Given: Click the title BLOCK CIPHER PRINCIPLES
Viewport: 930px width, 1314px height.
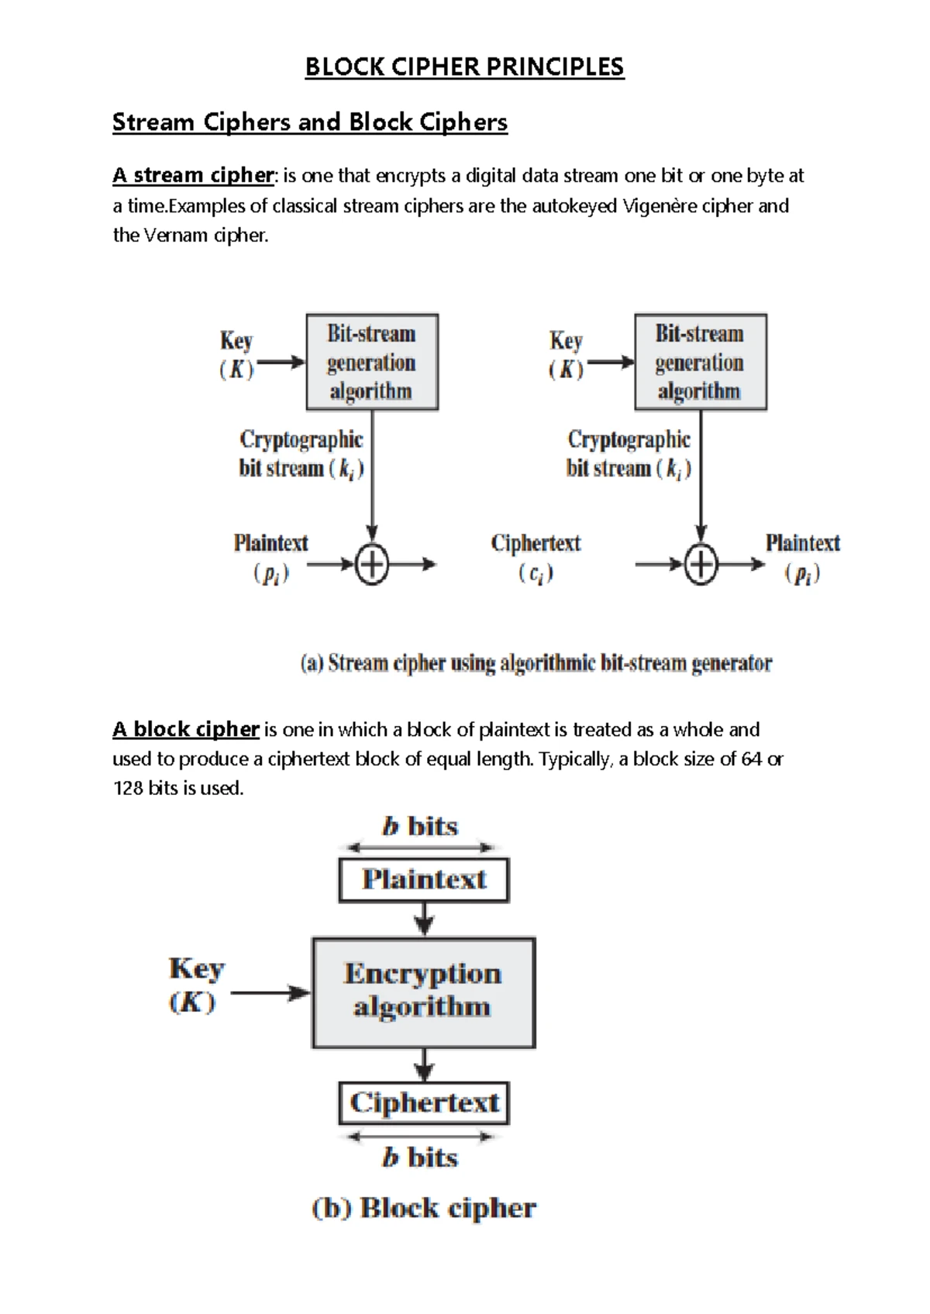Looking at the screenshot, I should [x=464, y=67].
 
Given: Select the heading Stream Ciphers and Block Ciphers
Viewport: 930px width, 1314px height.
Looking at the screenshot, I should [x=310, y=122].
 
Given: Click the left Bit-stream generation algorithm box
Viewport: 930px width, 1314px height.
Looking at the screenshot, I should [x=372, y=362].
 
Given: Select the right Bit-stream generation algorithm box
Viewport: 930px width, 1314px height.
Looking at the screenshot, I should [x=700, y=362].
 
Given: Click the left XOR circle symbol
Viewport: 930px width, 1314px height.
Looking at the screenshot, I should [x=372, y=565].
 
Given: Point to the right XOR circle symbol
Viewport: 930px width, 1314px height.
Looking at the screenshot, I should [x=701, y=565].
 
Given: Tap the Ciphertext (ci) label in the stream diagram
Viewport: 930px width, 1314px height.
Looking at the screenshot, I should [x=536, y=558].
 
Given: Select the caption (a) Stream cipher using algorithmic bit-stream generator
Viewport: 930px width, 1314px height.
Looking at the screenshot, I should [x=536, y=663].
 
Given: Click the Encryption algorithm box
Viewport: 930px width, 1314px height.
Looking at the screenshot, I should [x=423, y=992].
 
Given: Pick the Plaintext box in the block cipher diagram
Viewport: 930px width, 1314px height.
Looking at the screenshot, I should [x=424, y=879].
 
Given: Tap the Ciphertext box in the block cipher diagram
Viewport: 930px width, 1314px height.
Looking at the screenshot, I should [x=424, y=1102].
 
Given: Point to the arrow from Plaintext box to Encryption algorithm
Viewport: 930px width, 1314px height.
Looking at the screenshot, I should [x=424, y=920].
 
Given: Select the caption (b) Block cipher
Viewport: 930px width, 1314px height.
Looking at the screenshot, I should [x=424, y=1208].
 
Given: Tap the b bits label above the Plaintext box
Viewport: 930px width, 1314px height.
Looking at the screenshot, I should [x=420, y=827].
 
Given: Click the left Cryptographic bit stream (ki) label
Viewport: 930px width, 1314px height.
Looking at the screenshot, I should [x=301, y=454].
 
